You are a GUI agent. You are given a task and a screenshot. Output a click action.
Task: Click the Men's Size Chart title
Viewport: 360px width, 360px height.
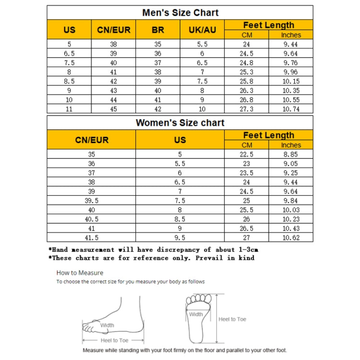point(180,12)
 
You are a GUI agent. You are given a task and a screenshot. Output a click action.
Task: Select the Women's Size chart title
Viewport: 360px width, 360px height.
point(180,123)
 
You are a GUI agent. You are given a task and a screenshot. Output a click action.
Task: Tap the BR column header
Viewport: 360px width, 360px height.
point(158,30)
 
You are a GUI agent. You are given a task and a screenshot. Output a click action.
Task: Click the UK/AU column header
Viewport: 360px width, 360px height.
point(202,30)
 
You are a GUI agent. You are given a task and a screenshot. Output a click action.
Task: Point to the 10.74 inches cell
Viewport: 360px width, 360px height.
point(291,109)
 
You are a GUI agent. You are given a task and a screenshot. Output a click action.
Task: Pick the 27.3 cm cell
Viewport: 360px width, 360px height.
point(247,109)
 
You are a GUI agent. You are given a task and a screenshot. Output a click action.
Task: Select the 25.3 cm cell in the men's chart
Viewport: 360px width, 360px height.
point(247,72)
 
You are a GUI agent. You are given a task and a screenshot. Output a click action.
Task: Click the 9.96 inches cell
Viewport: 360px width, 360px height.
point(291,72)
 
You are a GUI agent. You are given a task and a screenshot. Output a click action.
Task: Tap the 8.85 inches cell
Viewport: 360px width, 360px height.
point(291,155)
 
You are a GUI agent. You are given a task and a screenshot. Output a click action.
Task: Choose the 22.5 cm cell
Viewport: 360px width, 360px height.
point(247,155)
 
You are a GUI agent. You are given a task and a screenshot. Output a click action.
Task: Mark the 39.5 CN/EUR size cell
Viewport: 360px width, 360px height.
point(92,201)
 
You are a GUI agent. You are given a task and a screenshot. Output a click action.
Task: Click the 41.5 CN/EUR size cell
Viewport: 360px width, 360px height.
point(92,237)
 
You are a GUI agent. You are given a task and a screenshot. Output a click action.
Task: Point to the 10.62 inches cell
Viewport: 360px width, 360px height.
point(291,237)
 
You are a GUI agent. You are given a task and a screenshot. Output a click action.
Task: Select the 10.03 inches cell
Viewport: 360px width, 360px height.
point(291,210)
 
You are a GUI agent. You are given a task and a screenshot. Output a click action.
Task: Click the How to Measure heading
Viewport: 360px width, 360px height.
point(80,273)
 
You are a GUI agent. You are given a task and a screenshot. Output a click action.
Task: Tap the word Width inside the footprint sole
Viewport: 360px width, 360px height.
point(196,314)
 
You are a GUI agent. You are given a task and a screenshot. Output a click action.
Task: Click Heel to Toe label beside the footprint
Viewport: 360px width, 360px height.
point(232,319)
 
